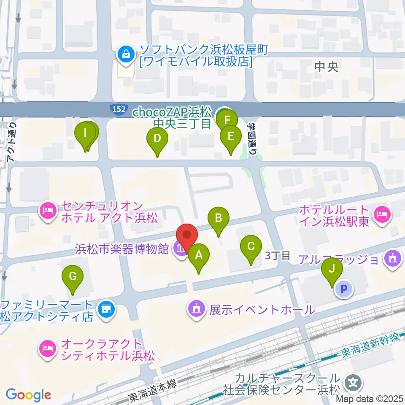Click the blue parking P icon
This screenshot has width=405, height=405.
(344, 289)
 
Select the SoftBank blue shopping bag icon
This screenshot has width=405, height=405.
(125, 54)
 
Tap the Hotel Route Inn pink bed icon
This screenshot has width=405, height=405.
(382, 214)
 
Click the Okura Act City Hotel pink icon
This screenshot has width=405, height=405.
(47, 348)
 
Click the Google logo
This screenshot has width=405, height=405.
(28, 395)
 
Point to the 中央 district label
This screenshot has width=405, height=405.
(327, 67)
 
